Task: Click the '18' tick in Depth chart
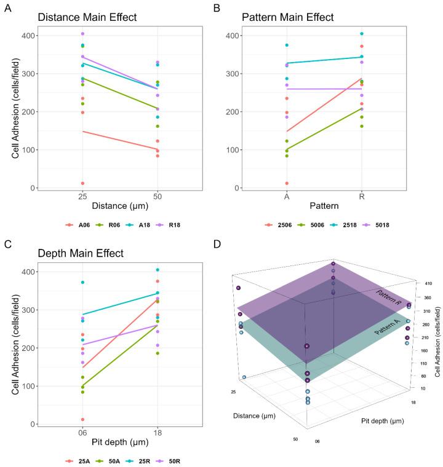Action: (158, 433)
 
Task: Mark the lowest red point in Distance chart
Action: (82, 183)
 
